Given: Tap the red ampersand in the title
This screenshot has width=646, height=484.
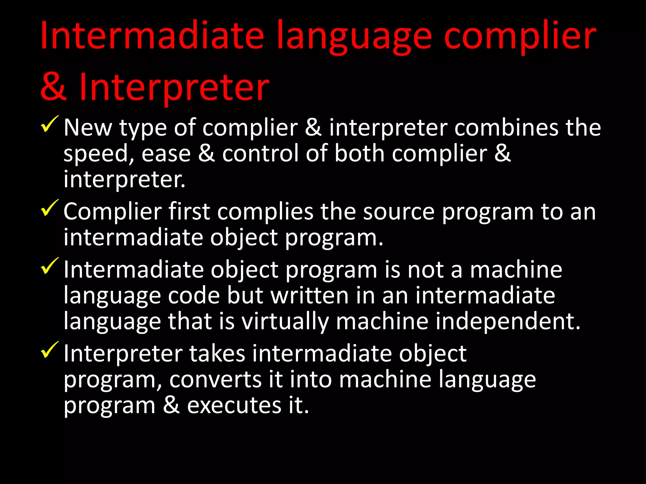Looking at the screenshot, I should click(53, 87).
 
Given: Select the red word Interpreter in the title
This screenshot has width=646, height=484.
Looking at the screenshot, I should click(174, 87).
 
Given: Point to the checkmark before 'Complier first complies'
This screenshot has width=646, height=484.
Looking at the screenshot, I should click(50, 208).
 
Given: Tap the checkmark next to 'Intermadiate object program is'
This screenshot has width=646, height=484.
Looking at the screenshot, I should click(50, 266).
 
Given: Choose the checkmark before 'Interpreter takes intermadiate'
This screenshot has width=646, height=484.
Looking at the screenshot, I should click(50, 350).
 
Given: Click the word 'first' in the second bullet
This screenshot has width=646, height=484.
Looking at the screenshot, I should click(189, 211).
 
